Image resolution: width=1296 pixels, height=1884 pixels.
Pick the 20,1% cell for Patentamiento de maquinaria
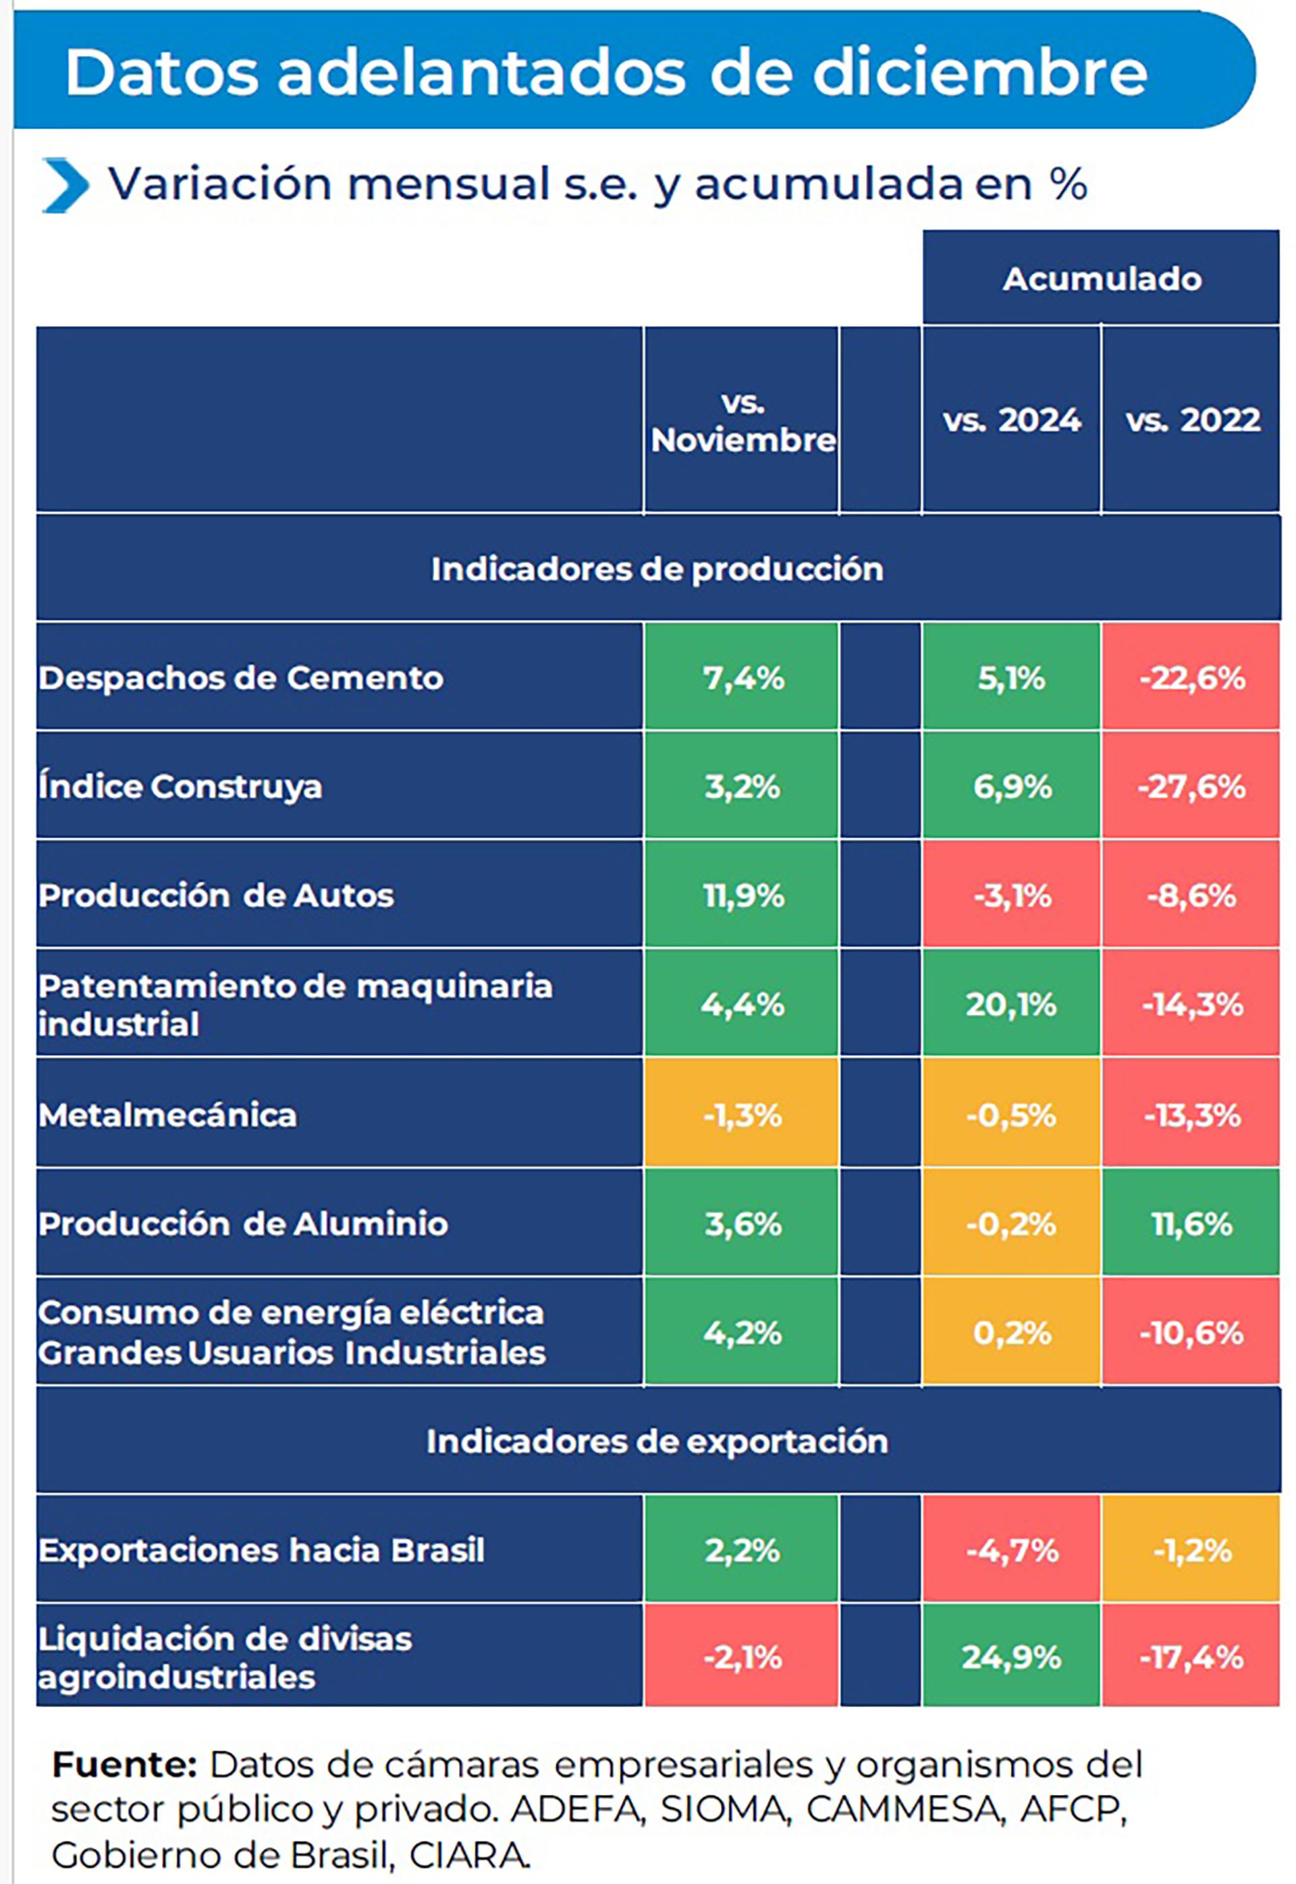pyautogui.click(x=1011, y=1005)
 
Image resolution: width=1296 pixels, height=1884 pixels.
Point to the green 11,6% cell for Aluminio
pyautogui.click(x=1191, y=1223)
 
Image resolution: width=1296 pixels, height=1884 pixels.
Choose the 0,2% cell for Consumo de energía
pyautogui.click(x=1011, y=1333)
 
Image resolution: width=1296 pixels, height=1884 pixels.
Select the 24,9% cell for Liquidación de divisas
pyautogui.click(x=1011, y=1657)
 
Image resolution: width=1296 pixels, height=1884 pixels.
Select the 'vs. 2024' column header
pyautogui.click(x=1011, y=420)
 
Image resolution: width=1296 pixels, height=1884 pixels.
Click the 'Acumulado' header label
pyautogui.click(x=1101, y=279)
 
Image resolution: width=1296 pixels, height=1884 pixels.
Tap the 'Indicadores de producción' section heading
pyautogui.click(x=657, y=569)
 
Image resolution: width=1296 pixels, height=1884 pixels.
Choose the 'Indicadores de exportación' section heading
pyautogui.click(x=657, y=1441)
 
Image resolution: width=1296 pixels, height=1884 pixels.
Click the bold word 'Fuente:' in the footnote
pyautogui.click(x=124, y=1765)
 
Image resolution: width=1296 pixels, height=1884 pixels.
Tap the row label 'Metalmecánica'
pyautogui.click(x=167, y=1115)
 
